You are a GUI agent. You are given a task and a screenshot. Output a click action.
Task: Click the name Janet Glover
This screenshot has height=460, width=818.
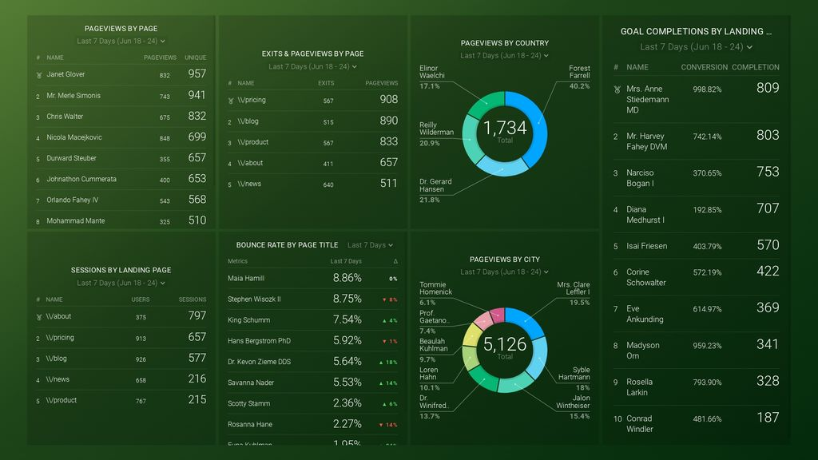66,74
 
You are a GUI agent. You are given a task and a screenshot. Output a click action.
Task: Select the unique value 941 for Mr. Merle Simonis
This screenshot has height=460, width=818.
197,95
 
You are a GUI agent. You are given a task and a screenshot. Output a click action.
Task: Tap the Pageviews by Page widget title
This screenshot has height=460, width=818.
121,29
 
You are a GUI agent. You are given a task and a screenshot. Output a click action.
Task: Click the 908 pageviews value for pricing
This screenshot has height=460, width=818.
388,100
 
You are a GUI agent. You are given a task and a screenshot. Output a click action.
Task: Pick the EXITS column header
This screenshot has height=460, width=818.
326,83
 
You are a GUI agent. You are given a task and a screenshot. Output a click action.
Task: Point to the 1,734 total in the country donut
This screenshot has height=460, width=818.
505,128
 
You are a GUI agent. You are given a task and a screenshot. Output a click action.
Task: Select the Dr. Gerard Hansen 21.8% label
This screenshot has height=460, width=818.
435,190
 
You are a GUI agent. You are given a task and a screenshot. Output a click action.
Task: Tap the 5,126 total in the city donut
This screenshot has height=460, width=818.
505,344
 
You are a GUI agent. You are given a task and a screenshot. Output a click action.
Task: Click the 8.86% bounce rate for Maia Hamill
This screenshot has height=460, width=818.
347,279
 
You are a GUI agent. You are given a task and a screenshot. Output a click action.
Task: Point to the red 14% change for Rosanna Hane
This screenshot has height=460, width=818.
389,425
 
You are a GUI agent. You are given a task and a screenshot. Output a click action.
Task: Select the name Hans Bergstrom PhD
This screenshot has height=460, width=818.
259,341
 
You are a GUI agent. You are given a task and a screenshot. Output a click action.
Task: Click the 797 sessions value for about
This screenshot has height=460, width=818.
197,316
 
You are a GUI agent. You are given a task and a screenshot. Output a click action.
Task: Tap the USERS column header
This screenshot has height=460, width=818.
141,299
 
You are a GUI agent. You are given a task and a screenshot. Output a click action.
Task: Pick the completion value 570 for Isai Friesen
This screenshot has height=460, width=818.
768,246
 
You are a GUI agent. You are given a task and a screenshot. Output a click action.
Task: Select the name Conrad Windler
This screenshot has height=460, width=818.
639,423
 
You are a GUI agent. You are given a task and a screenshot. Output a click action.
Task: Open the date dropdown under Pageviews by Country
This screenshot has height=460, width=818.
504,56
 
